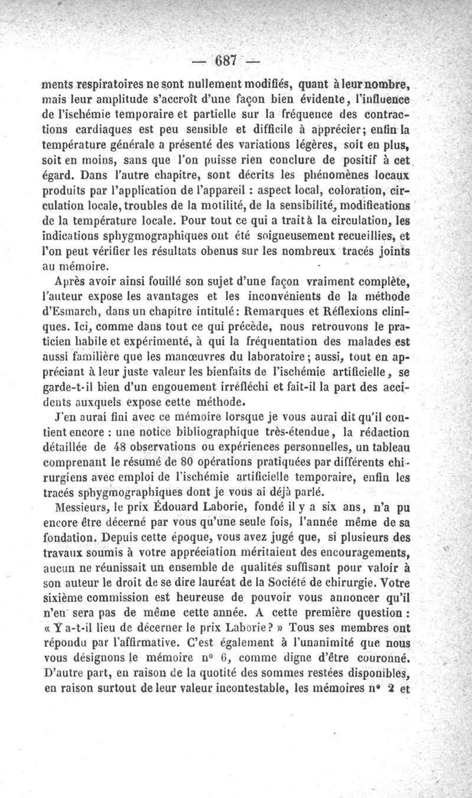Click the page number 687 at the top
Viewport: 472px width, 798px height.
pyautogui.click(x=226, y=60)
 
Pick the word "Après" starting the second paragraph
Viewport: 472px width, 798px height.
pyautogui.click(x=71, y=281)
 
